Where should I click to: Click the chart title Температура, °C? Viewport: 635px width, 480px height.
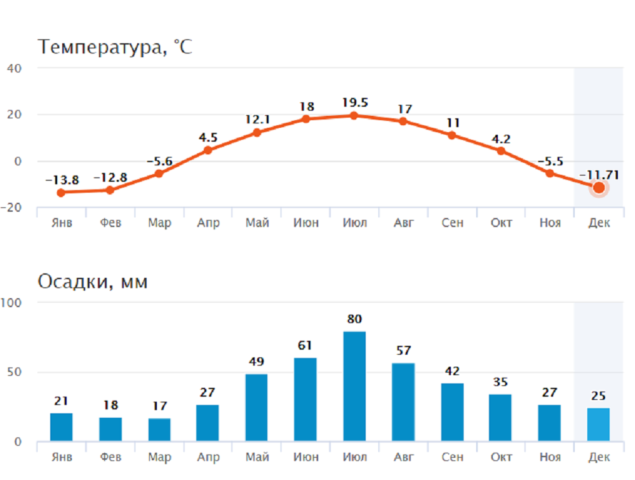click(x=114, y=47)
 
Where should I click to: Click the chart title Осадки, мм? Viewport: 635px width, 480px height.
click(x=93, y=282)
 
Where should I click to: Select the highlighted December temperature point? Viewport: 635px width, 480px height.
click(x=598, y=188)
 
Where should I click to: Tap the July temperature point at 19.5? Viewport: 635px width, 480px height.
click(x=354, y=115)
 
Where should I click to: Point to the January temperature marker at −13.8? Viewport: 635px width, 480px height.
click(x=61, y=193)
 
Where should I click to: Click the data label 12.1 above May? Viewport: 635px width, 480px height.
click(x=257, y=120)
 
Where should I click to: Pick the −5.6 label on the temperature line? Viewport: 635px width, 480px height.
click(x=159, y=161)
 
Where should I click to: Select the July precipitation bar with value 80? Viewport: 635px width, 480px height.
click(x=354, y=386)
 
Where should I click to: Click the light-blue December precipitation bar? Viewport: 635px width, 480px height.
click(x=598, y=425)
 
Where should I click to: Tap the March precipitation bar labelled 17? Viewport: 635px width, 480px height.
click(x=159, y=430)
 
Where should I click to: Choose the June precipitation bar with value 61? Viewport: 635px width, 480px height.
click(x=305, y=399)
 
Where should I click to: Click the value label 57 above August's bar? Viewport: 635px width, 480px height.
click(x=403, y=350)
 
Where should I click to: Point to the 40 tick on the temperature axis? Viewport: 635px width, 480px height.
click(x=15, y=68)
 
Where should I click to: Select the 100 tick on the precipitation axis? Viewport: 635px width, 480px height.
click(x=11, y=303)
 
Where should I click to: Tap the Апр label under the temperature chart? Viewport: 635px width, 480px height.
click(x=208, y=223)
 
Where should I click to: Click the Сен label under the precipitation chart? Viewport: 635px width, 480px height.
click(x=452, y=457)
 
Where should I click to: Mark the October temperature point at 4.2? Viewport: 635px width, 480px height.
click(x=501, y=151)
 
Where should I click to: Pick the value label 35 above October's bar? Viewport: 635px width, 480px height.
click(x=500, y=382)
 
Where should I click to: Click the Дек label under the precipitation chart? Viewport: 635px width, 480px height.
click(x=598, y=457)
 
